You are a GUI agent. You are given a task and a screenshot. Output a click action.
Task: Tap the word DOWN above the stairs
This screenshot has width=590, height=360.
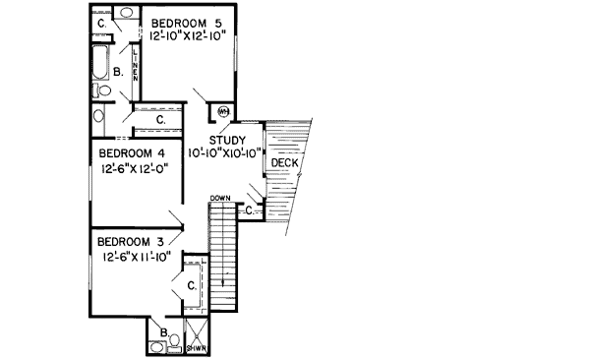(x=220, y=199)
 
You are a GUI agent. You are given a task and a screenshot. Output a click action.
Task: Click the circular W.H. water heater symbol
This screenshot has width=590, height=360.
(x=223, y=110)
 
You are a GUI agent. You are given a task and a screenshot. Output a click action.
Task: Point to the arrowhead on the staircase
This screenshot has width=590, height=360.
(x=224, y=282)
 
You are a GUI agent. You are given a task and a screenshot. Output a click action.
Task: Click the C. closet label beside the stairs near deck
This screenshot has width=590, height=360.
(x=250, y=209)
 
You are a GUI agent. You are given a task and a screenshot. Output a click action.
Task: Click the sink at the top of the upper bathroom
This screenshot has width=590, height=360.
(x=128, y=13)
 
